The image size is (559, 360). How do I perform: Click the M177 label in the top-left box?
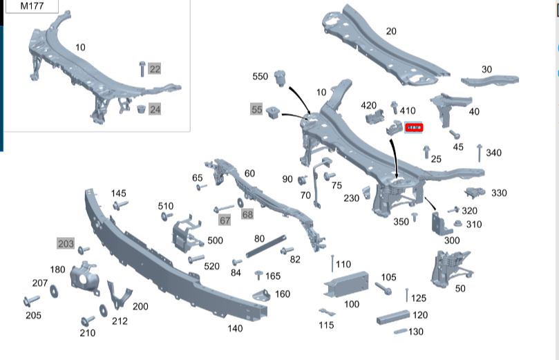(30, 6)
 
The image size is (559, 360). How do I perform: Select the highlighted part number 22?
(155, 68)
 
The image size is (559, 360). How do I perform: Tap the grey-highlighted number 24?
(155, 109)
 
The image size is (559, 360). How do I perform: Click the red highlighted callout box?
(416, 127)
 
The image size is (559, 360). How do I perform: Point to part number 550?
(260, 76)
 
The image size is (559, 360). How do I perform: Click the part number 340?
(493, 153)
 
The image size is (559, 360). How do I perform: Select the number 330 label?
(499, 193)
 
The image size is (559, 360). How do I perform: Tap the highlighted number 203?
(66, 243)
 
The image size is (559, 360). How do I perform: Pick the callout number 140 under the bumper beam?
(235, 328)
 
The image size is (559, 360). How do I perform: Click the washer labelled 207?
(54, 286)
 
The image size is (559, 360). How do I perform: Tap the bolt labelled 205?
(31, 301)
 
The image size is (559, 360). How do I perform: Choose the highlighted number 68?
(247, 215)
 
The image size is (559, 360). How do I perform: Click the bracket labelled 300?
(441, 222)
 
